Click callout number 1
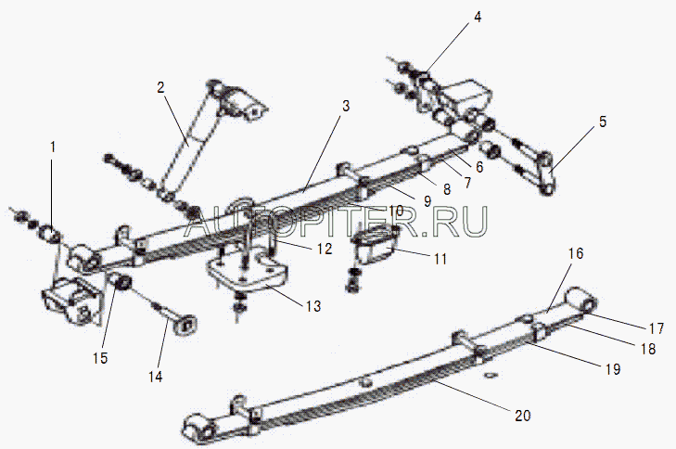point(53,147)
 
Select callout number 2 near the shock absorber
point(160,87)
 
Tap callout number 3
point(346,106)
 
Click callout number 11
point(440,260)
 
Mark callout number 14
point(155,376)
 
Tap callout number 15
point(99,358)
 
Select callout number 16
point(576,252)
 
